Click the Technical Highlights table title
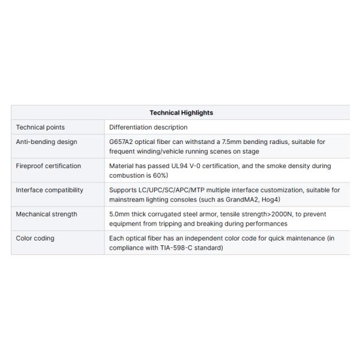(181, 113)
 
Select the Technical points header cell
(40, 127)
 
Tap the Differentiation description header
(148, 127)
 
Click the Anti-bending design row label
(46, 142)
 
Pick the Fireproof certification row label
(48, 166)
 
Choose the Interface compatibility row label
(49, 190)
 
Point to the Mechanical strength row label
(46, 214)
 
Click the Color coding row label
(35, 238)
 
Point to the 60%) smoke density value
(159, 175)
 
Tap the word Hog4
(271, 199)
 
